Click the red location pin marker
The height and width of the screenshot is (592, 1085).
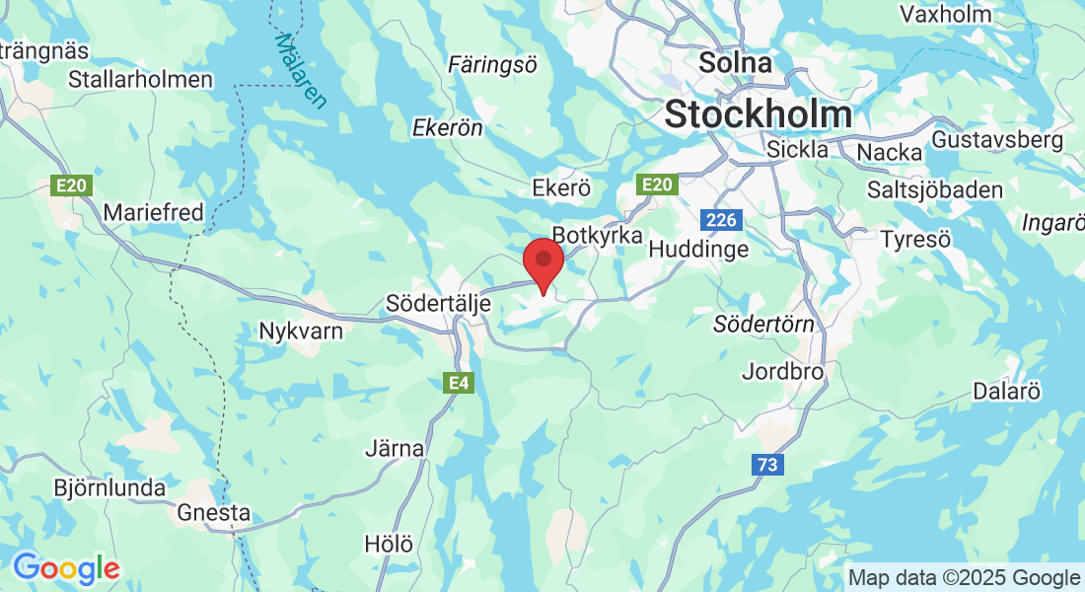click(542, 262)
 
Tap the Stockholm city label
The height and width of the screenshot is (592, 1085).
click(759, 114)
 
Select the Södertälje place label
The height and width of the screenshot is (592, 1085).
click(439, 303)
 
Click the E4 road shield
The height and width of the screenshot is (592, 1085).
click(459, 383)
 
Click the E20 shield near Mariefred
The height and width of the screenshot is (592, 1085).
click(64, 185)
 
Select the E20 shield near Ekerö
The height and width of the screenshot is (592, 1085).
click(657, 185)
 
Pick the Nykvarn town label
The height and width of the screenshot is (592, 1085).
click(301, 331)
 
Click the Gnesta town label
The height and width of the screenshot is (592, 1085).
click(214, 513)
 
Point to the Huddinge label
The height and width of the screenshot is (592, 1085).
click(698, 250)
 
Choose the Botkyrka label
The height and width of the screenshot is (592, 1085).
click(598, 236)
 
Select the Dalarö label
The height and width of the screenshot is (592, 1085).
click(1006, 391)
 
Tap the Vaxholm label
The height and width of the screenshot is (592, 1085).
click(945, 14)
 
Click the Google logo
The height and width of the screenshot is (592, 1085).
click(66, 568)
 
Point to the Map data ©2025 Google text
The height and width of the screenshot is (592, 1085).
click(964, 578)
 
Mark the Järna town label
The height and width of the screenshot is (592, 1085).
click(395, 449)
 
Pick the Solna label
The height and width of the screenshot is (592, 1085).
click(735, 63)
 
